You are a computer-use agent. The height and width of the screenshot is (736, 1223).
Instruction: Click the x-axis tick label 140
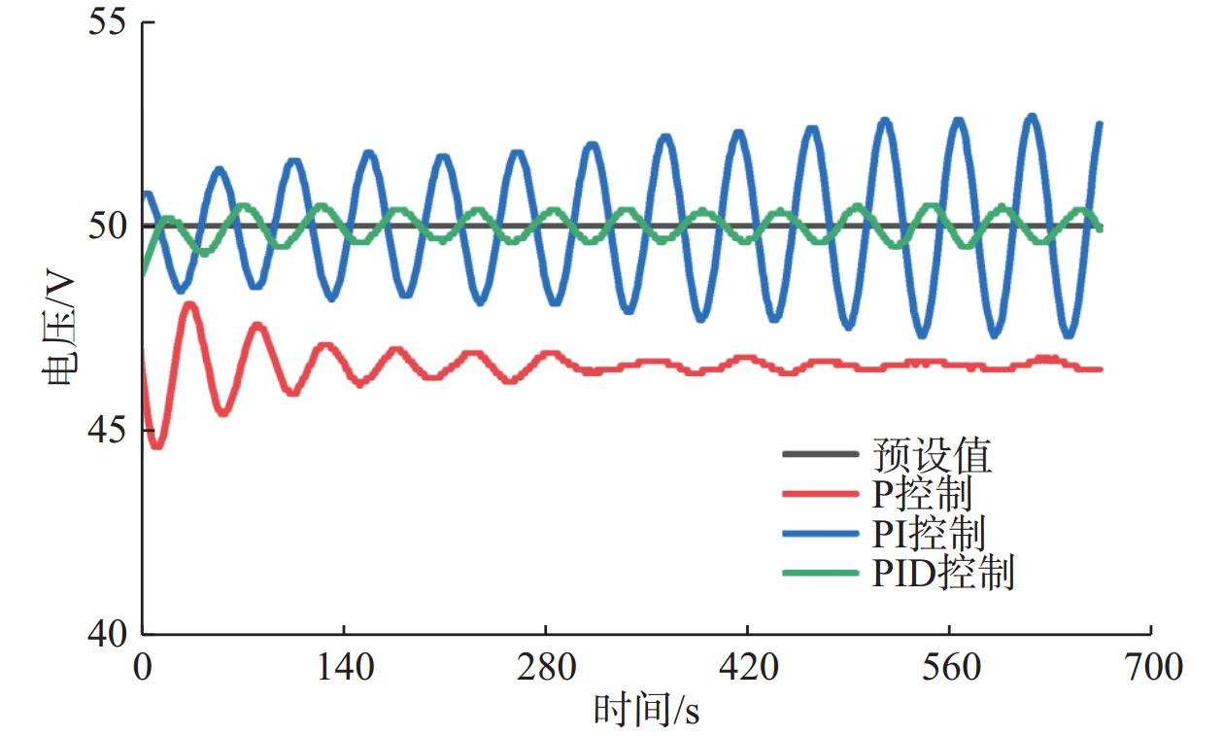(344, 668)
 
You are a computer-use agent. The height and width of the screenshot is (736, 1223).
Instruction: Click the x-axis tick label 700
(1150, 668)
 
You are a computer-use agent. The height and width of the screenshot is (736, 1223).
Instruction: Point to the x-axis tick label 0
(143, 668)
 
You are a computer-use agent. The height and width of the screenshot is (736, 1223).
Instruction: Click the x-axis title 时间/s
(646, 711)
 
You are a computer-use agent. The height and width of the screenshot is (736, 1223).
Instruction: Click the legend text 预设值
(932, 455)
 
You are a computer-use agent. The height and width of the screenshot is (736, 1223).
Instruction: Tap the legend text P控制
(921, 495)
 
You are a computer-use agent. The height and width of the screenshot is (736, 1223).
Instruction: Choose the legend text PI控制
(928, 534)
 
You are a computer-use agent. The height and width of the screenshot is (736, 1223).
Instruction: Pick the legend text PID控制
(942, 574)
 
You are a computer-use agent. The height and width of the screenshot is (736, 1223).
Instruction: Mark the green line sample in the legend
(820, 574)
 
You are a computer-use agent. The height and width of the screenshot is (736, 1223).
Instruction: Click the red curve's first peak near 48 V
(190, 305)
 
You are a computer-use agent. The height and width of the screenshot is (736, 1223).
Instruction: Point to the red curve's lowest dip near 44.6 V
(156, 445)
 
